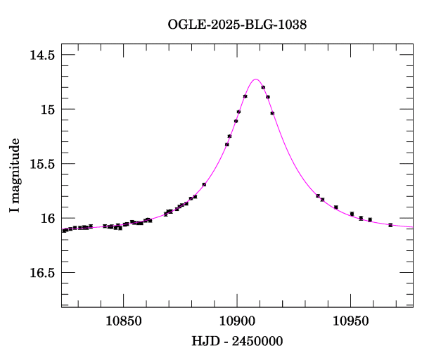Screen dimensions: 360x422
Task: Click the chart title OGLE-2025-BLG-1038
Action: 237,25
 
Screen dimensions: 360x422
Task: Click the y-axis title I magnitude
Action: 14,176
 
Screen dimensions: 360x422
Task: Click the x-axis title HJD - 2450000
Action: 237,341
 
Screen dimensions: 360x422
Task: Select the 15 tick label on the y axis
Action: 49,110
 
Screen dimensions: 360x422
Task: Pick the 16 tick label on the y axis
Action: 49,219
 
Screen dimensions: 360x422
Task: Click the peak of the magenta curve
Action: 256,79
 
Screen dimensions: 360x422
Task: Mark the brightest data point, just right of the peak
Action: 263,88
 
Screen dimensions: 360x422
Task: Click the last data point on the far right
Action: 390,225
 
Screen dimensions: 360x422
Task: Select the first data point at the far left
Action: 63,231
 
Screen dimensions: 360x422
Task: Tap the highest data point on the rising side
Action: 245,96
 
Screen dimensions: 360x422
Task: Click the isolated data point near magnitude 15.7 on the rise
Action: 204,185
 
